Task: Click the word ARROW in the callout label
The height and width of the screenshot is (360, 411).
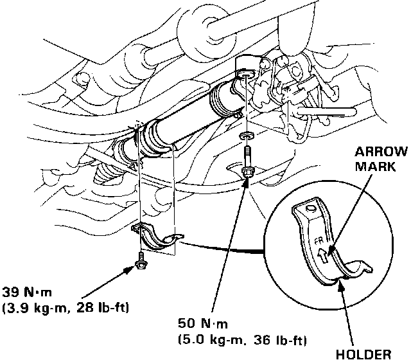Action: pyautogui.click(x=382, y=152)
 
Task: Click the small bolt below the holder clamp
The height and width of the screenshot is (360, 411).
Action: pyautogui.click(x=140, y=259)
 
